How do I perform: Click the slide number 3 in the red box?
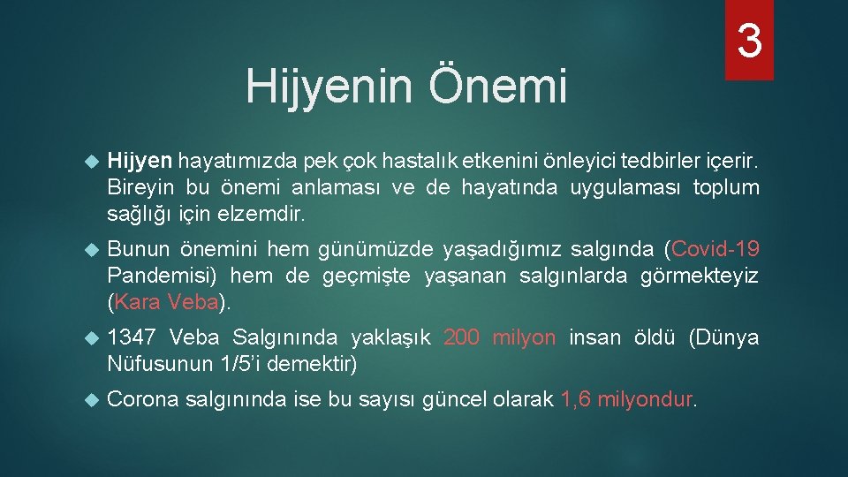click(x=749, y=41)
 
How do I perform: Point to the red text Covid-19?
click(x=715, y=250)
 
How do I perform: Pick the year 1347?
click(x=131, y=337)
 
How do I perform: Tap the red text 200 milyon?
click(x=500, y=337)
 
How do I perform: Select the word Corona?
click(x=144, y=399)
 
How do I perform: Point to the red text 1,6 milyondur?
click(x=629, y=399)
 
